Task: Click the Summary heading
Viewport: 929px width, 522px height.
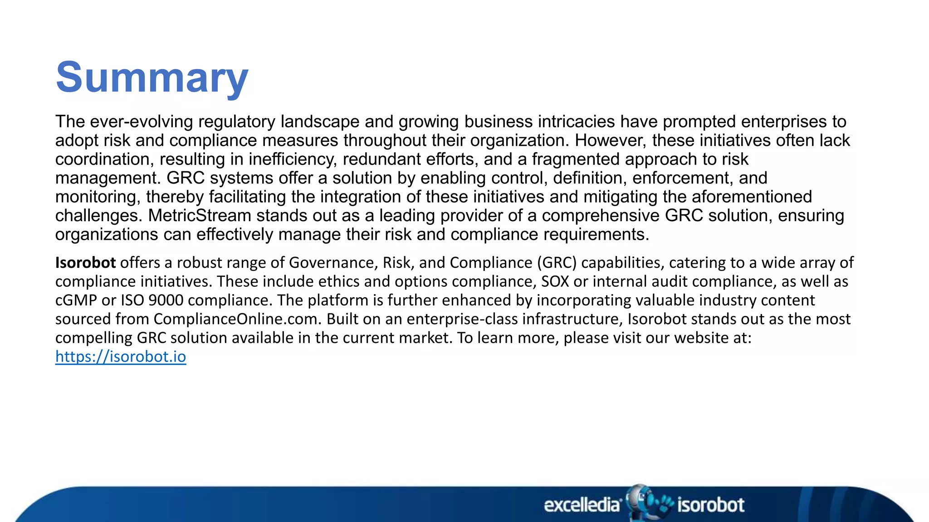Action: [x=152, y=77]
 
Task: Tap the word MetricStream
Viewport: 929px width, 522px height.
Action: [x=200, y=216]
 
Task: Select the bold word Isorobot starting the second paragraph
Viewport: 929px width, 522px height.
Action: [x=85, y=263]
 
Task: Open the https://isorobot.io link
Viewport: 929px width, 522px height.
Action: [x=121, y=357]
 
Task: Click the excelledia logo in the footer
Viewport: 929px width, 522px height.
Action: [x=582, y=505]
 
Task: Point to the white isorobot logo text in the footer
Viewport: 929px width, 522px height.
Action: [x=710, y=505]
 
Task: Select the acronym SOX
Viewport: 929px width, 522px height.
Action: [x=555, y=282]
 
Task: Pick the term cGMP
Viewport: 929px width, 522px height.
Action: [x=76, y=300]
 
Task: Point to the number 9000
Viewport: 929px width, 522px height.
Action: [x=166, y=300]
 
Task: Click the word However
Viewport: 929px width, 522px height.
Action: [x=611, y=140]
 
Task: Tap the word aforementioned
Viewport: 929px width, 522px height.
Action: [x=752, y=197]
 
